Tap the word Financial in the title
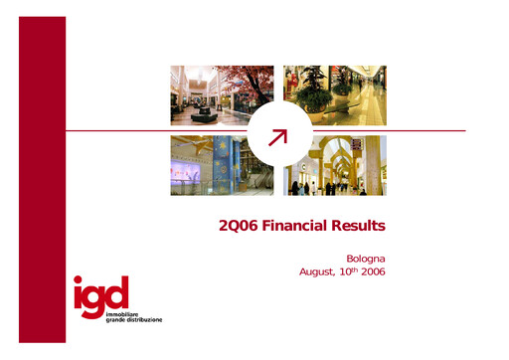coord(292,227)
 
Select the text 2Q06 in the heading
coord(237,227)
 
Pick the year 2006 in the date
coord(371,271)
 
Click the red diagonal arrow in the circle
coord(278,136)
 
